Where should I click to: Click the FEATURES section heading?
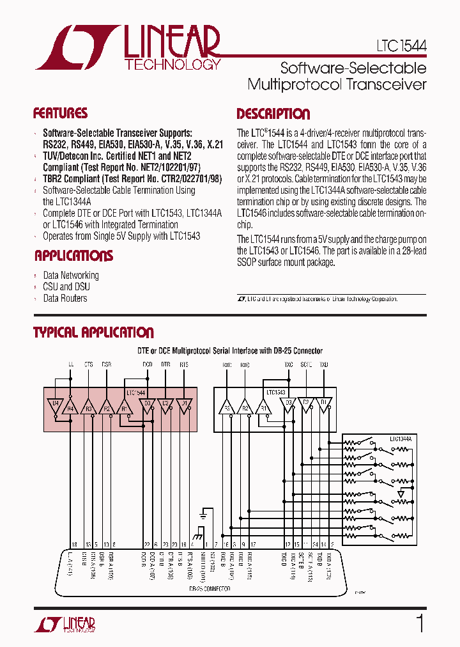60,114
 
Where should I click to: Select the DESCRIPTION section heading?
273,114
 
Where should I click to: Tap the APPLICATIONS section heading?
73,256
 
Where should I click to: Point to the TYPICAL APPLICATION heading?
93,332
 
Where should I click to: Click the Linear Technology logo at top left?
128,47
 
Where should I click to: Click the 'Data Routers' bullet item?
65,299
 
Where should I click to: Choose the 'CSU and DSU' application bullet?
66,287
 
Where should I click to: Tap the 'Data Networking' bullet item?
70,276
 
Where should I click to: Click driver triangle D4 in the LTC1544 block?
56,404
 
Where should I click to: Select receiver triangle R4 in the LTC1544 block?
71,407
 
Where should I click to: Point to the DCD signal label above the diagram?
147,364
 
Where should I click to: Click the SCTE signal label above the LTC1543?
306,364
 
